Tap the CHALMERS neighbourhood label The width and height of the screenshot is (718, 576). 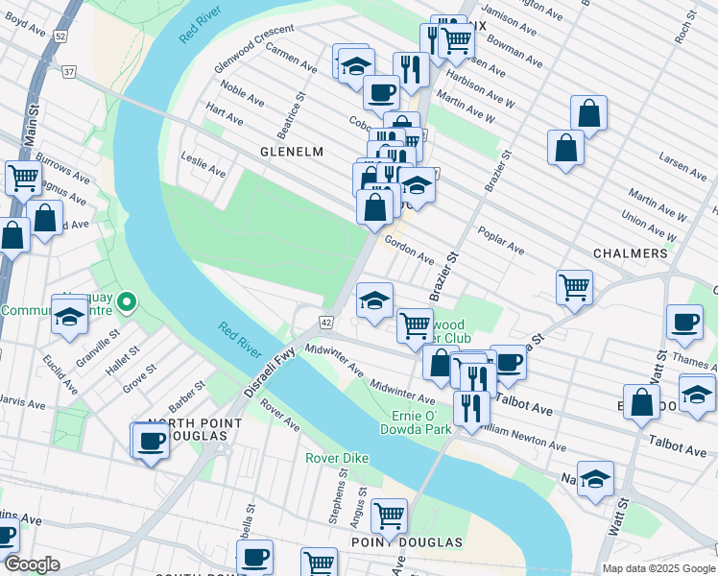coord(631,253)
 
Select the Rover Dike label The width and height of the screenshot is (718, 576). coord(337,458)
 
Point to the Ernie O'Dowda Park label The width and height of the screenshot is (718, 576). coord(421,422)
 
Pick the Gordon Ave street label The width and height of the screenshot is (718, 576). coord(410,251)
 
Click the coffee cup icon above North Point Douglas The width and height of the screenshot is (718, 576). coord(151,441)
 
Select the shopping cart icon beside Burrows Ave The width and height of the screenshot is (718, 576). coord(23,177)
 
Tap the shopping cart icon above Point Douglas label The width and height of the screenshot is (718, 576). coord(389,516)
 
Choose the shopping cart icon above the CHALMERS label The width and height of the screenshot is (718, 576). coord(573,285)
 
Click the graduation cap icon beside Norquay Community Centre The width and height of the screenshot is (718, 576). coord(70,316)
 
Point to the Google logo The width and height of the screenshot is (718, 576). coord(32,564)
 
